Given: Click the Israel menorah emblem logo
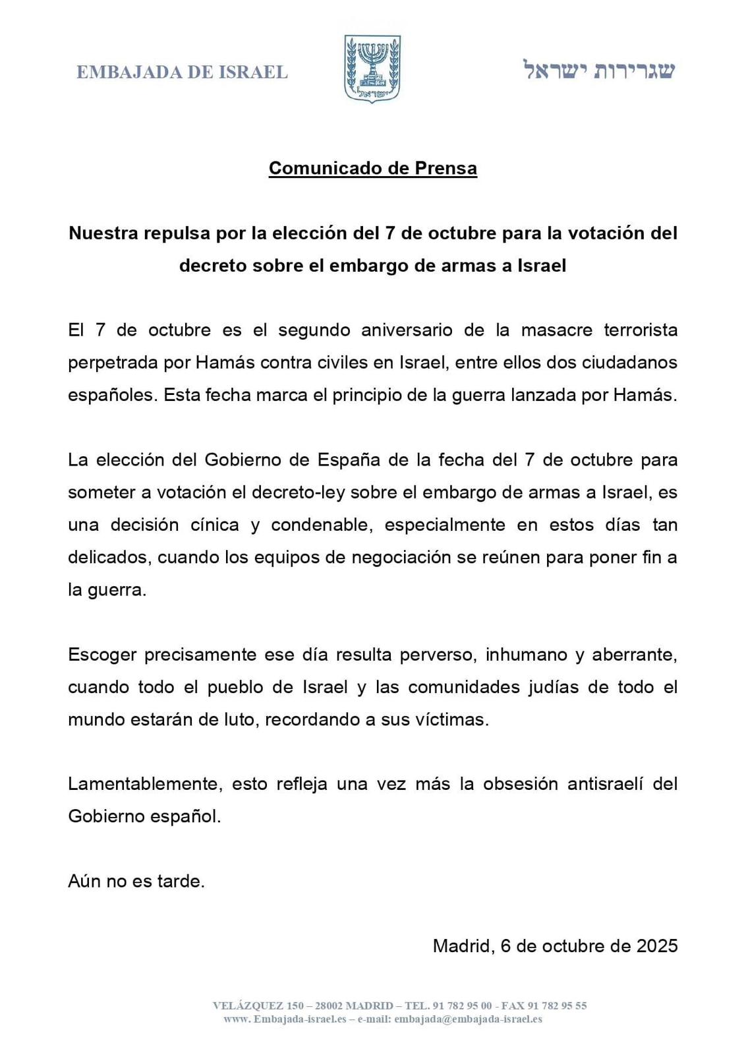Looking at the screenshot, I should click(372, 69).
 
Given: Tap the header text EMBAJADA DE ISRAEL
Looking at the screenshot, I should click(182, 72).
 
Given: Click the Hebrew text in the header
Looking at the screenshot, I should click(599, 70).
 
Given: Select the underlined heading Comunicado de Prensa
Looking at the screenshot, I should click(372, 169).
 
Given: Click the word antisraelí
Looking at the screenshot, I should click(595, 784).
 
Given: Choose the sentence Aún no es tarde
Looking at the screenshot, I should click(136, 882).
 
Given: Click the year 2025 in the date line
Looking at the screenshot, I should click(656, 946).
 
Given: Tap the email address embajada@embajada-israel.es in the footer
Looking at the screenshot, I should click(469, 1019).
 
